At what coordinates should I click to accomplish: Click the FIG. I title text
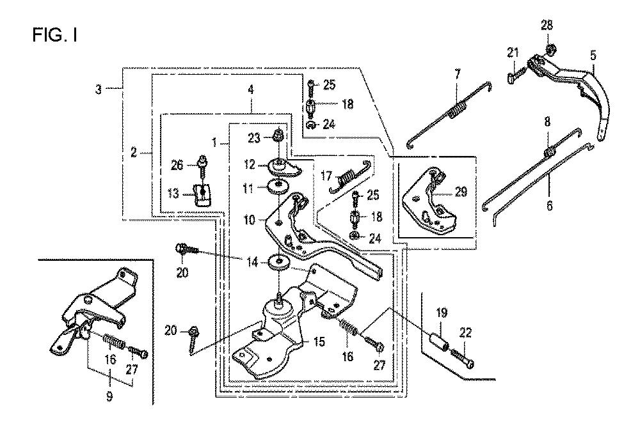[x=55, y=35]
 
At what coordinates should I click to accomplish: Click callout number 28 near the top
[x=547, y=26]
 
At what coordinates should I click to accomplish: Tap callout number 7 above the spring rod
[x=457, y=75]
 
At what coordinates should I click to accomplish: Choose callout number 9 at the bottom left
[x=109, y=396]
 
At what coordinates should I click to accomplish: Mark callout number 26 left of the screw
[x=177, y=166]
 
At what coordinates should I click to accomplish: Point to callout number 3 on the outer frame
[x=99, y=89]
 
